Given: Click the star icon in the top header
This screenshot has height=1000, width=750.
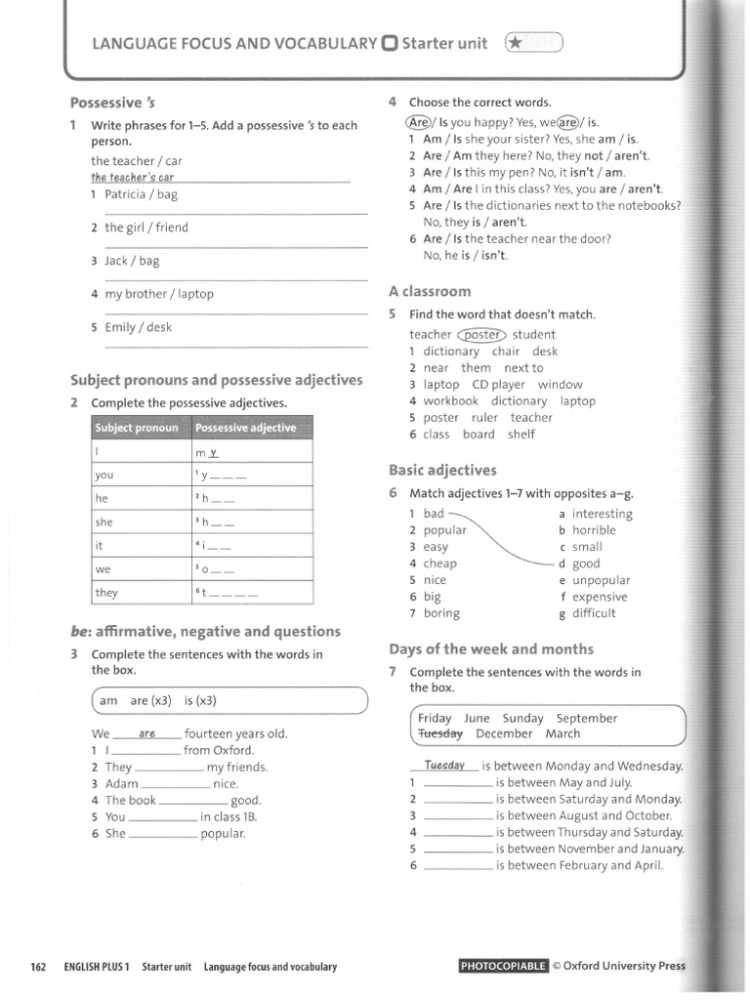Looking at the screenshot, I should (x=515, y=43).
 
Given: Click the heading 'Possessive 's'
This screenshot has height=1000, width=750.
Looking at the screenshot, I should (x=112, y=103).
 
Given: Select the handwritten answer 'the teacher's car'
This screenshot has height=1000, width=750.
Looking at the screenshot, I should (x=132, y=178).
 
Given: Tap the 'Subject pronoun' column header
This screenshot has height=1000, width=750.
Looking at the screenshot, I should (x=136, y=428).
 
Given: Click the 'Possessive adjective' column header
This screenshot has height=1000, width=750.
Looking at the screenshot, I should (x=245, y=428).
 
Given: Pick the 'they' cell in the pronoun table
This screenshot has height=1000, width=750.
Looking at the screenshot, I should (x=106, y=592).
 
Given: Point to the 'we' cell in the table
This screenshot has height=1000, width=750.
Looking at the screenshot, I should (x=104, y=568).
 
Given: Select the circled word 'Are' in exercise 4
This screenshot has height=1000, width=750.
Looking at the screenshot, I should (x=418, y=123).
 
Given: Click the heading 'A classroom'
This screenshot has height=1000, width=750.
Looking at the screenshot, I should (x=430, y=291).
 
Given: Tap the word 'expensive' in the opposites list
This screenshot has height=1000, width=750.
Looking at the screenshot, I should (x=600, y=597).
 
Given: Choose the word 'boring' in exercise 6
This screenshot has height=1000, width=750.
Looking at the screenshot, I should (x=441, y=613).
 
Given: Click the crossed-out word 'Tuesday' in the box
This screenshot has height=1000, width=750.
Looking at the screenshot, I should (x=439, y=733).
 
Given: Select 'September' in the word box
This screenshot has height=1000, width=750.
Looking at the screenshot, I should (x=587, y=718).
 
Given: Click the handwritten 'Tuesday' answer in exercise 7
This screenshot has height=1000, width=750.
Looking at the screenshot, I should (x=444, y=766).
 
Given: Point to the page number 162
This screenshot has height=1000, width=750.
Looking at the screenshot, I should (x=39, y=967).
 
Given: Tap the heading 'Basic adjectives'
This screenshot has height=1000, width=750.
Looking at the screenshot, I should (x=442, y=470).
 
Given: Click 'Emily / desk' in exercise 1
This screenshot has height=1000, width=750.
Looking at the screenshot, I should (x=138, y=327).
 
